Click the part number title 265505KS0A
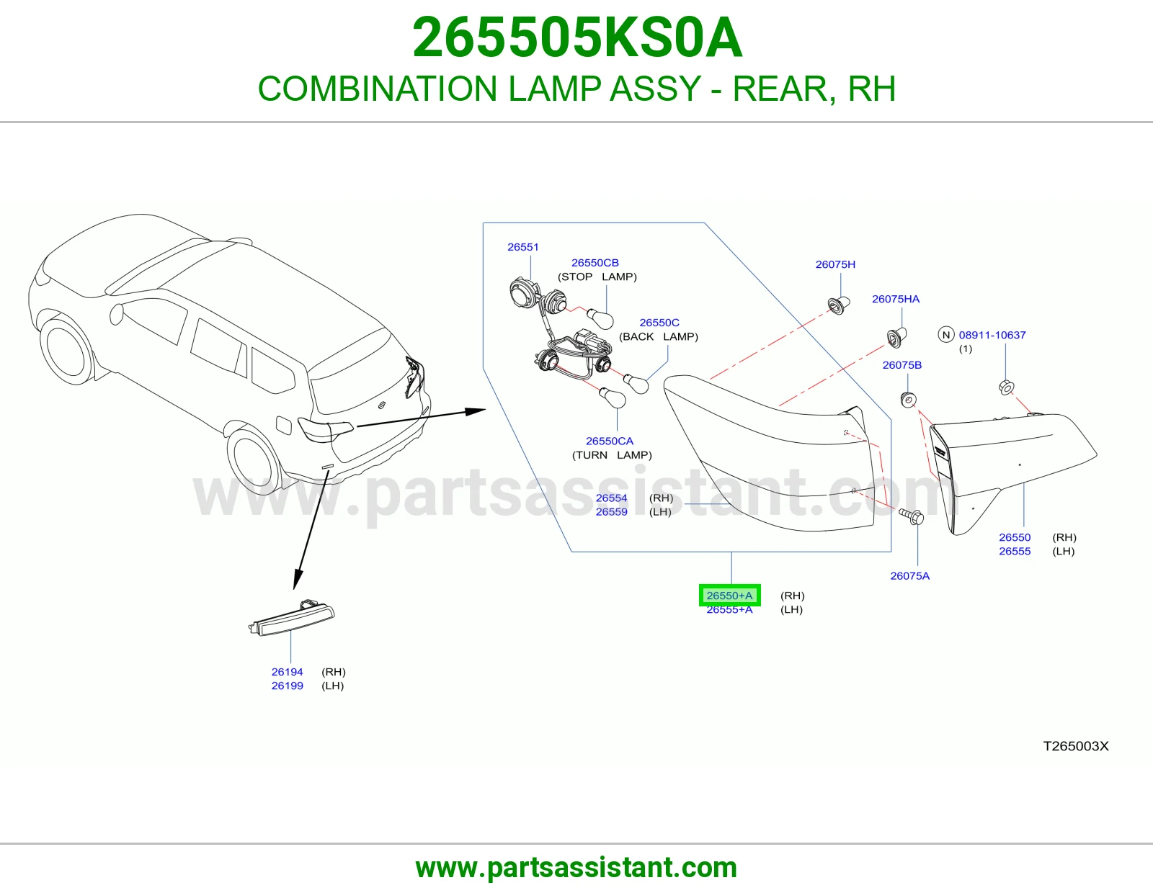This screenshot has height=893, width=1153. pos(576,37)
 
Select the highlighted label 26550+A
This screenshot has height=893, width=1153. pos(729,595)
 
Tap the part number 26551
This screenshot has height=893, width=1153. pos(522,247)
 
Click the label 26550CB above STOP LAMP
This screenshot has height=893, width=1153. pos(595,263)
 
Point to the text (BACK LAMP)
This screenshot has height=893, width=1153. pos(659,337)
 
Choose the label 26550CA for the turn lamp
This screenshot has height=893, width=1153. pos(609,441)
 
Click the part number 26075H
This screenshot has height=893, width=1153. pos(835,264)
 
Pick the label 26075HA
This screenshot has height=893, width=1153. pos(896,299)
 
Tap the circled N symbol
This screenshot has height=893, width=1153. pos(945,335)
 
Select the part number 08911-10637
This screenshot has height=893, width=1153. pos(992,335)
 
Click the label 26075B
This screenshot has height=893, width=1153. pos(902,365)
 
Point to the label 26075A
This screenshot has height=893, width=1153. pos(910,576)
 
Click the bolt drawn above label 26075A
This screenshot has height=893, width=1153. pos(912,516)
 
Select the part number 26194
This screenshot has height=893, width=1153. pos(287,672)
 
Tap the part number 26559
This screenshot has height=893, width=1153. pos(611,512)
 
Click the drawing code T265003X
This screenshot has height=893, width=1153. pos(1076,746)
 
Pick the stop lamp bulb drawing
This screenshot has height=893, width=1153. pos(601,319)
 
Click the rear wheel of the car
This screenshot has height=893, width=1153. pos(253,460)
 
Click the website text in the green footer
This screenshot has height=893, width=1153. pos(576,868)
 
